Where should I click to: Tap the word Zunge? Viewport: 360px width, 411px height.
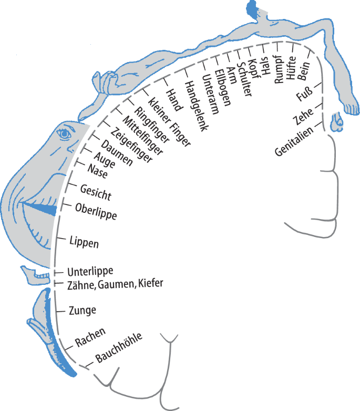click(x=83, y=311)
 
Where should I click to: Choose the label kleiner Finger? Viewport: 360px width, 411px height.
click(x=169, y=122)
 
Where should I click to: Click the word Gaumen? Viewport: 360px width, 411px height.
click(x=118, y=284)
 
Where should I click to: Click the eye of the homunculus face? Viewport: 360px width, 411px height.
click(x=65, y=135)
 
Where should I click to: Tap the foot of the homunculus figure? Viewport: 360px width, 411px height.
click(x=348, y=108)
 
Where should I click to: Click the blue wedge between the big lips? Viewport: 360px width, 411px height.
click(x=44, y=209)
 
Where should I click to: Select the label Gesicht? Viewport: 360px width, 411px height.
click(x=96, y=192)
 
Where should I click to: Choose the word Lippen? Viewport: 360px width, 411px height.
click(x=84, y=243)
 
